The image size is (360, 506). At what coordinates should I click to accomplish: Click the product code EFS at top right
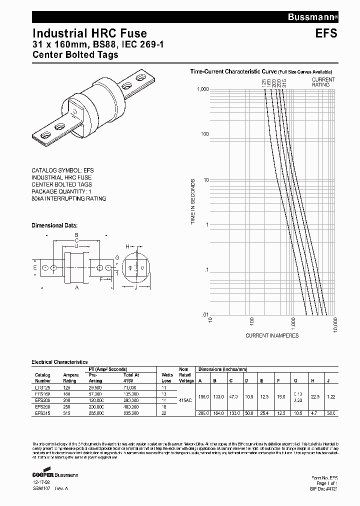(x=326, y=34)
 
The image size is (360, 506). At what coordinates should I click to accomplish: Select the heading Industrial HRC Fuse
(x=89, y=33)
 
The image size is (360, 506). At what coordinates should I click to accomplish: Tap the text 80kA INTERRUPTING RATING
(x=69, y=198)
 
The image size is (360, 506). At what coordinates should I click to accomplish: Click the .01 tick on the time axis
(x=204, y=314)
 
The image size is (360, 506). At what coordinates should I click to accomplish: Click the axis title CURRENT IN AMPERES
(x=272, y=335)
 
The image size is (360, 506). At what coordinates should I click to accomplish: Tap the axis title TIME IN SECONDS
(x=192, y=201)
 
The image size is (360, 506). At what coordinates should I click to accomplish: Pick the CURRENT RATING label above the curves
(x=323, y=82)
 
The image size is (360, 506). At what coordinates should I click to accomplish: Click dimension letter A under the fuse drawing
(x=76, y=287)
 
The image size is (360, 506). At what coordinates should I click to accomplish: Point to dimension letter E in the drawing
(x=34, y=268)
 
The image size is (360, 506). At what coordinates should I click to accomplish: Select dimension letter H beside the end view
(x=127, y=246)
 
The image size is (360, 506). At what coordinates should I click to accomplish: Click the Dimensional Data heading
(x=55, y=225)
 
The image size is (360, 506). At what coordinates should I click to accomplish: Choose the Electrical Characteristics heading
(x=59, y=361)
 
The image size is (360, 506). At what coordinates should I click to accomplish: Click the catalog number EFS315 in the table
(x=42, y=413)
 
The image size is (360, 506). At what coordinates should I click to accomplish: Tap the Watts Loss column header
(x=167, y=377)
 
